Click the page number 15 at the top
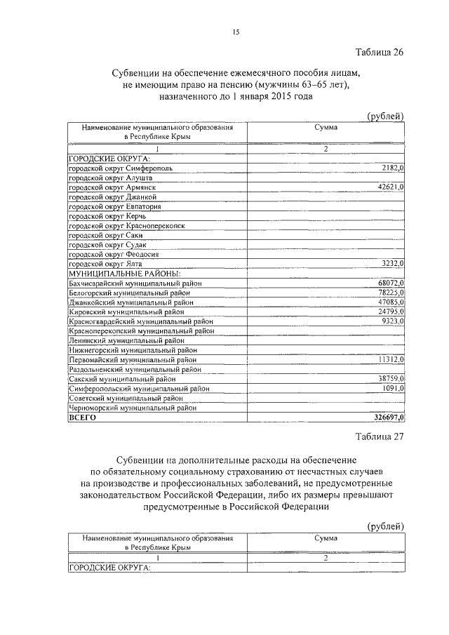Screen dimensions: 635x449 click(x=236, y=31)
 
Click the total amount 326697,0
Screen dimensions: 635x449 click(x=388, y=417)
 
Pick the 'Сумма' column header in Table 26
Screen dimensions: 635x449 click(x=326, y=128)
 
